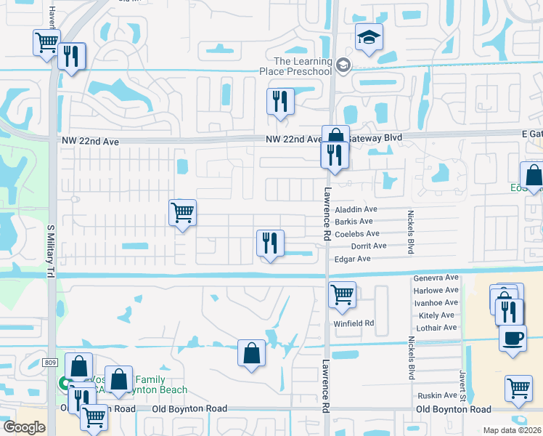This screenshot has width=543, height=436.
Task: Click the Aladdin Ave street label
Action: pos(356,209)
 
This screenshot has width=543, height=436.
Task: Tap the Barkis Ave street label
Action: pos(354,221)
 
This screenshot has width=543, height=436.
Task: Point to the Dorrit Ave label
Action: pos(370,246)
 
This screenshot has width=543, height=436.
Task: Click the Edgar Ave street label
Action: pos(352,259)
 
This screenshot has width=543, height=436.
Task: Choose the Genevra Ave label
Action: pos(436,278)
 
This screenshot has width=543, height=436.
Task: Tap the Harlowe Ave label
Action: pos(436,290)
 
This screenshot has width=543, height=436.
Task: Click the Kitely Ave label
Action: pos(438,315)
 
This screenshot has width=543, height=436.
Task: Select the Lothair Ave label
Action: pos(438,327)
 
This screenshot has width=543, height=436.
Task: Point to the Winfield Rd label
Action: pos(354,323)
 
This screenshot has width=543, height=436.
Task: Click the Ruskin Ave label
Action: pos(436,395)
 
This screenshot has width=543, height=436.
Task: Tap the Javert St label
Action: pos(462,384)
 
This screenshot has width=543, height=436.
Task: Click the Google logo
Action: pos(24,427)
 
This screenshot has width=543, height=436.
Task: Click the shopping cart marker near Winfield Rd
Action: pos(342,295)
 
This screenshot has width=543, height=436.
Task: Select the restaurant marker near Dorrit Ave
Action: pos(271,243)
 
